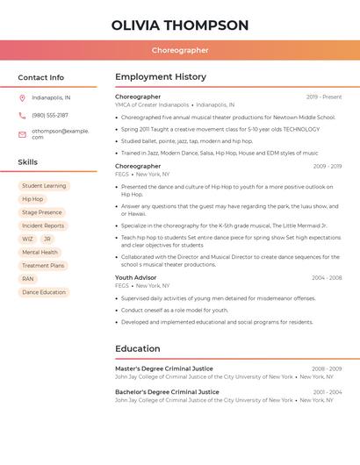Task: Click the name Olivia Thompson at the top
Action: pyautogui.click(x=180, y=25)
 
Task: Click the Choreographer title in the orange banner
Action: pyautogui.click(x=180, y=51)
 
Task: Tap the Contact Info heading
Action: pyautogui.click(x=41, y=77)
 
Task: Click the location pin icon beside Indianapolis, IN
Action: pyautogui.click(x=22, y=97)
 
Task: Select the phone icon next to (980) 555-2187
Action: pyautogui.click(x=22, y=115)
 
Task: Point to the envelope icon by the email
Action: pyautogui.click(x=22, y=134)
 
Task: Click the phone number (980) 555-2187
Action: pyautogui.click(x=50, y=115)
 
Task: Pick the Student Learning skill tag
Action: pyautogui.click(x=44, y=186)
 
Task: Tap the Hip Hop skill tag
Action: pyautogui.click(x=32, y=199)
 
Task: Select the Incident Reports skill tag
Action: pyautogui.click(x=43, y=225)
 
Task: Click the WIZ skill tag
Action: pyautogui.click(x=27, y=239)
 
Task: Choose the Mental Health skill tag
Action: pyautogui.click(x=40, y=252)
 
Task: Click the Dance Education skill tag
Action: pyautogui.click(x=44, y=292)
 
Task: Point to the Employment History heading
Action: pyautogui.click(x=161, y=77)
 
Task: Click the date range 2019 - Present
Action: pyautogui.click(x=324, y=97)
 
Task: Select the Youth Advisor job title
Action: pyautogui.click(x=136, y=277)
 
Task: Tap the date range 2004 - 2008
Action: pyautogui.click(x=327, y=277)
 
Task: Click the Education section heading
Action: pyautogui.click(x=138, y=348)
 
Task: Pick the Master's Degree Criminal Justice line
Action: pyautogui.click(x=164, y=368)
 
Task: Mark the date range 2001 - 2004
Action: pyautogui.click(x=328, y=392)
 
